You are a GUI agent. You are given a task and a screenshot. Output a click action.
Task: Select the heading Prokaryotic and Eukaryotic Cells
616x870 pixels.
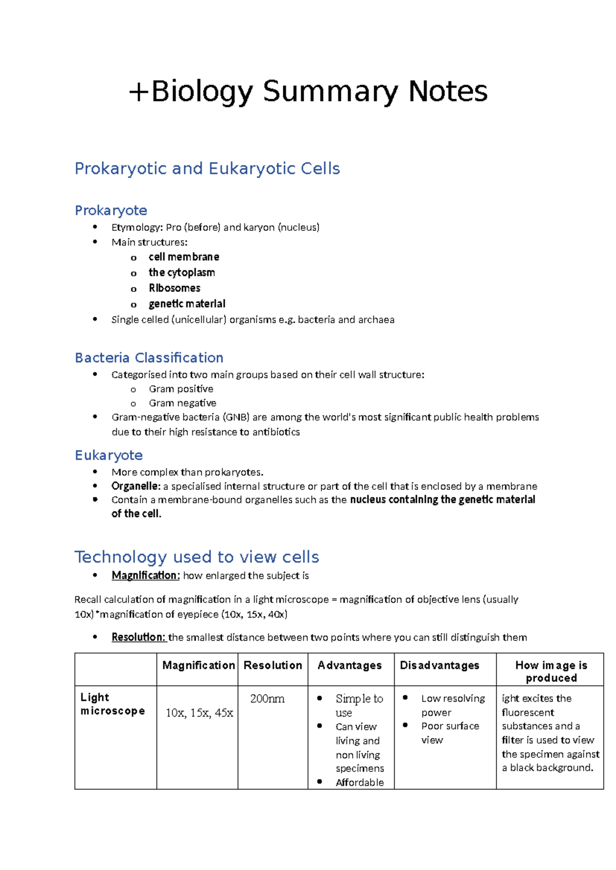coord(207,169)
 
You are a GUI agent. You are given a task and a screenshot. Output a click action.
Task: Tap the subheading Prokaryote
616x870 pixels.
coord(111,211)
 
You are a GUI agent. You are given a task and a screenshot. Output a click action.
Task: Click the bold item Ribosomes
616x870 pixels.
coord(175,288)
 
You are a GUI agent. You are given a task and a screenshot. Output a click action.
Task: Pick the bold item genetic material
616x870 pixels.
coord(187,304)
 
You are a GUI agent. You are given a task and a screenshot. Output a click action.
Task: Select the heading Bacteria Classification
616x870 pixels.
coord(149,358)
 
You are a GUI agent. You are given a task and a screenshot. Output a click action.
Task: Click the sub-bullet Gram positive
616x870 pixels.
coord(181,389)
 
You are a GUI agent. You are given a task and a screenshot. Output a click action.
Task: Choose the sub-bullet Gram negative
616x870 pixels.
coord(182,403)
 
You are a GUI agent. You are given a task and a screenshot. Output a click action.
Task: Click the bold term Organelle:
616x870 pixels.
coord(136,486)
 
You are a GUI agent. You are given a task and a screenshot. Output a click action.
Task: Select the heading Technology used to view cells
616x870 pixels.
coord(197,557)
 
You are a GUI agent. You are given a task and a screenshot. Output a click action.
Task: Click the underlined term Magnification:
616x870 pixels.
coord(146,576)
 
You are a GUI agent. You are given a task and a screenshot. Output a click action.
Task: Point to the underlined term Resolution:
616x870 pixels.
coord(139,637)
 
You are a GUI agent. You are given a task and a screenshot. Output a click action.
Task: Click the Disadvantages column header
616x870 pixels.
coord(439,665)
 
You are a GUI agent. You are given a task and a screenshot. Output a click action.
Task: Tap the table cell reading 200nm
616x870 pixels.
coord(267,699)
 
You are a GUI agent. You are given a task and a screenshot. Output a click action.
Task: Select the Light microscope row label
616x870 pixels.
coord(112,704)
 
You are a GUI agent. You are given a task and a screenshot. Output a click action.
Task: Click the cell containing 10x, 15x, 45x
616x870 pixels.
coord(199,713)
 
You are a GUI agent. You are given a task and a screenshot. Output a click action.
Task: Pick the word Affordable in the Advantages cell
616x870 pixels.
coord(359,782)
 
